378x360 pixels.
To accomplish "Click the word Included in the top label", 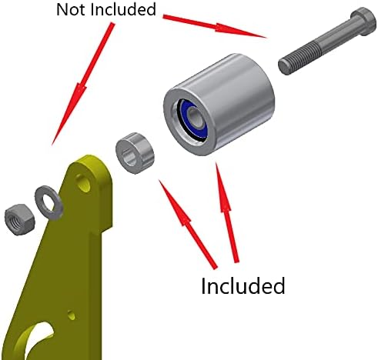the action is point(123,9).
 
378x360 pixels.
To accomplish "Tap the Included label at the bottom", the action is point(243,285).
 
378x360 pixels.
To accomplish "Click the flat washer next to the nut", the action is point(49,202).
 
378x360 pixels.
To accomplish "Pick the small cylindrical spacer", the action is point(135,153).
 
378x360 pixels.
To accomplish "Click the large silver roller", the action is point(219,105).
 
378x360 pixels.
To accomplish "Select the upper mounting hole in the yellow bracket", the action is point(83,183).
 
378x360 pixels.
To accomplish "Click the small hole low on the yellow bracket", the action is point(71,315).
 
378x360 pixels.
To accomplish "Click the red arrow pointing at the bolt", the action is point(215,26).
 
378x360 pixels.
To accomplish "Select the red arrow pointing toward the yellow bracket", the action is point(82,84).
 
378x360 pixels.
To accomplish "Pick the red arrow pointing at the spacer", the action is point(188,224).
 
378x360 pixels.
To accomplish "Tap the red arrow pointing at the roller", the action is point(226,212).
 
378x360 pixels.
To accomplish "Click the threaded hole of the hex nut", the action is point(14,221).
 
